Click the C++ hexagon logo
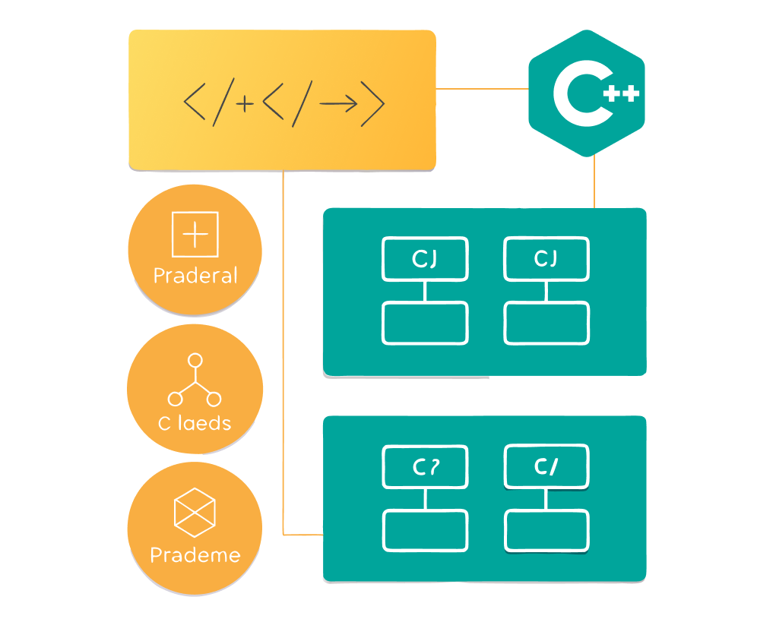coord(586,93)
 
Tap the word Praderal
coord(195,275)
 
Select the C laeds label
coord(195,423)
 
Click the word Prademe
coord(195,555)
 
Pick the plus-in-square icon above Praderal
coord(195,235)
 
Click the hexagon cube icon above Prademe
coord(195,509)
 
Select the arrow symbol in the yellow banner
coord(339,103)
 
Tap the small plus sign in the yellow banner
coord(245,105)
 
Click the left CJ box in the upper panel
coord(425,259)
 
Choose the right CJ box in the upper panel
coord(546,259)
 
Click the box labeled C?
coord(425,467)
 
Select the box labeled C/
coord(546,467)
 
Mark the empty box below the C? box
coord(425,530)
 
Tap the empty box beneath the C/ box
coord(546,530)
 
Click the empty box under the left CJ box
coord(425,323)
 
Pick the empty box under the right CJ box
coord(546,323)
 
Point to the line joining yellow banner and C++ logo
coord(482,89)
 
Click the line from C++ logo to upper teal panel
coord(594,182)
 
